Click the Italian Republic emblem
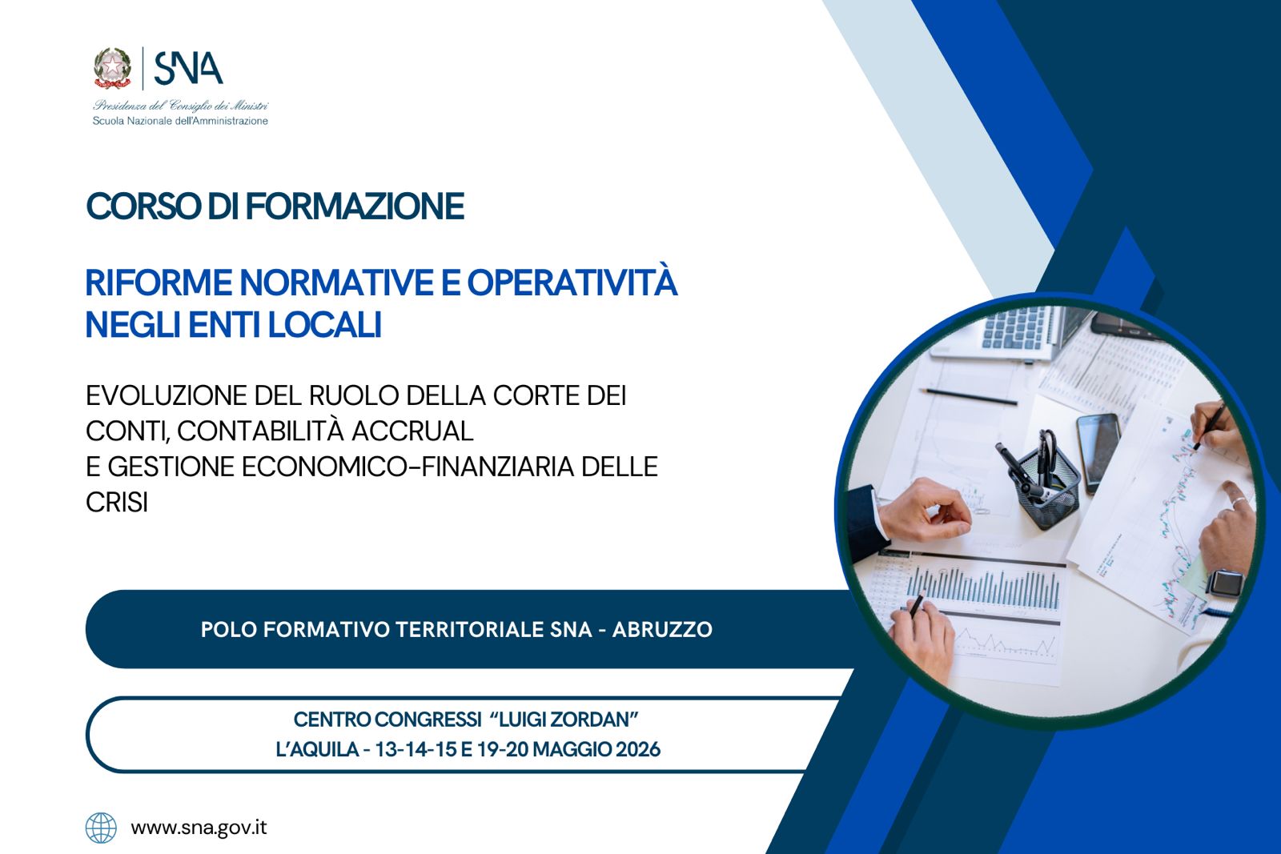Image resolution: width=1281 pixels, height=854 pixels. click(112, 68)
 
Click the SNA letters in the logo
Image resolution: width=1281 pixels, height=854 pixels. click(189, 69)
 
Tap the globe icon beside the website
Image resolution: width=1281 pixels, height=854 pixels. click(101, 828)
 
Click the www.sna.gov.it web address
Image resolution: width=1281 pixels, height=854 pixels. click(199, 828)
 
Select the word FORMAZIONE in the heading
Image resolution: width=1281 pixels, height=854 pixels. click(355, 206)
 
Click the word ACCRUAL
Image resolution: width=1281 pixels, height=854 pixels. click(412, 431)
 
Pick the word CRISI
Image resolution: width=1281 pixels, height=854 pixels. click(117, 503)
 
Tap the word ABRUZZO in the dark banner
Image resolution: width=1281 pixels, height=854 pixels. click(662, 629)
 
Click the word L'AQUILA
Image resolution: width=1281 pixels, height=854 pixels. click(317, 749)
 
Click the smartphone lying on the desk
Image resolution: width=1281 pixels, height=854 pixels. click(1098, 453)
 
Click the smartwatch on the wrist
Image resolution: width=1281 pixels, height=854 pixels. click(1226, 583)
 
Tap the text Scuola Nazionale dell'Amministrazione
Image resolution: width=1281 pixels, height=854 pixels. click(180, 121)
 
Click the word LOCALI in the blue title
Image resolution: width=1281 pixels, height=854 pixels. click(325, 325)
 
